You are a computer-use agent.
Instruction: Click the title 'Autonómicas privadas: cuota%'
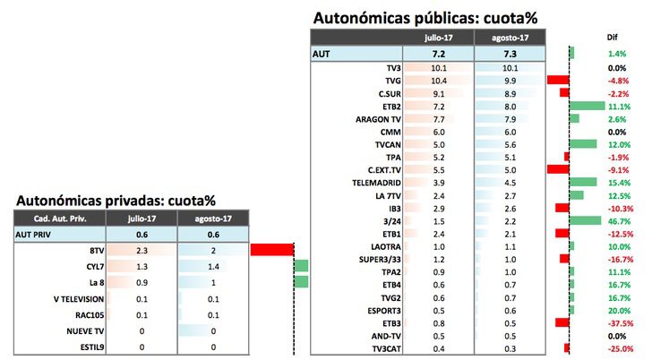(x=116, y=200)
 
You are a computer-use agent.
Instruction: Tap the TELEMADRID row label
(x=374, y=181)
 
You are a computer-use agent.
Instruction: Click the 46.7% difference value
(x=616, y=219)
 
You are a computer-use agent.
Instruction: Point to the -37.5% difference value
(x=616, y=321)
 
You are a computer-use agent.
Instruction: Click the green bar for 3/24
(x=585, y=219)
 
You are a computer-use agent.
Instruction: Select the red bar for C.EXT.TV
(x=558, y=168)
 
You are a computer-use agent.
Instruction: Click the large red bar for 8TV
(x=272, y=250)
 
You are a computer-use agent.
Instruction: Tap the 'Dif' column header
(x=613, y=38)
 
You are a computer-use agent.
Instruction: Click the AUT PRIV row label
(x=36, y=233)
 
